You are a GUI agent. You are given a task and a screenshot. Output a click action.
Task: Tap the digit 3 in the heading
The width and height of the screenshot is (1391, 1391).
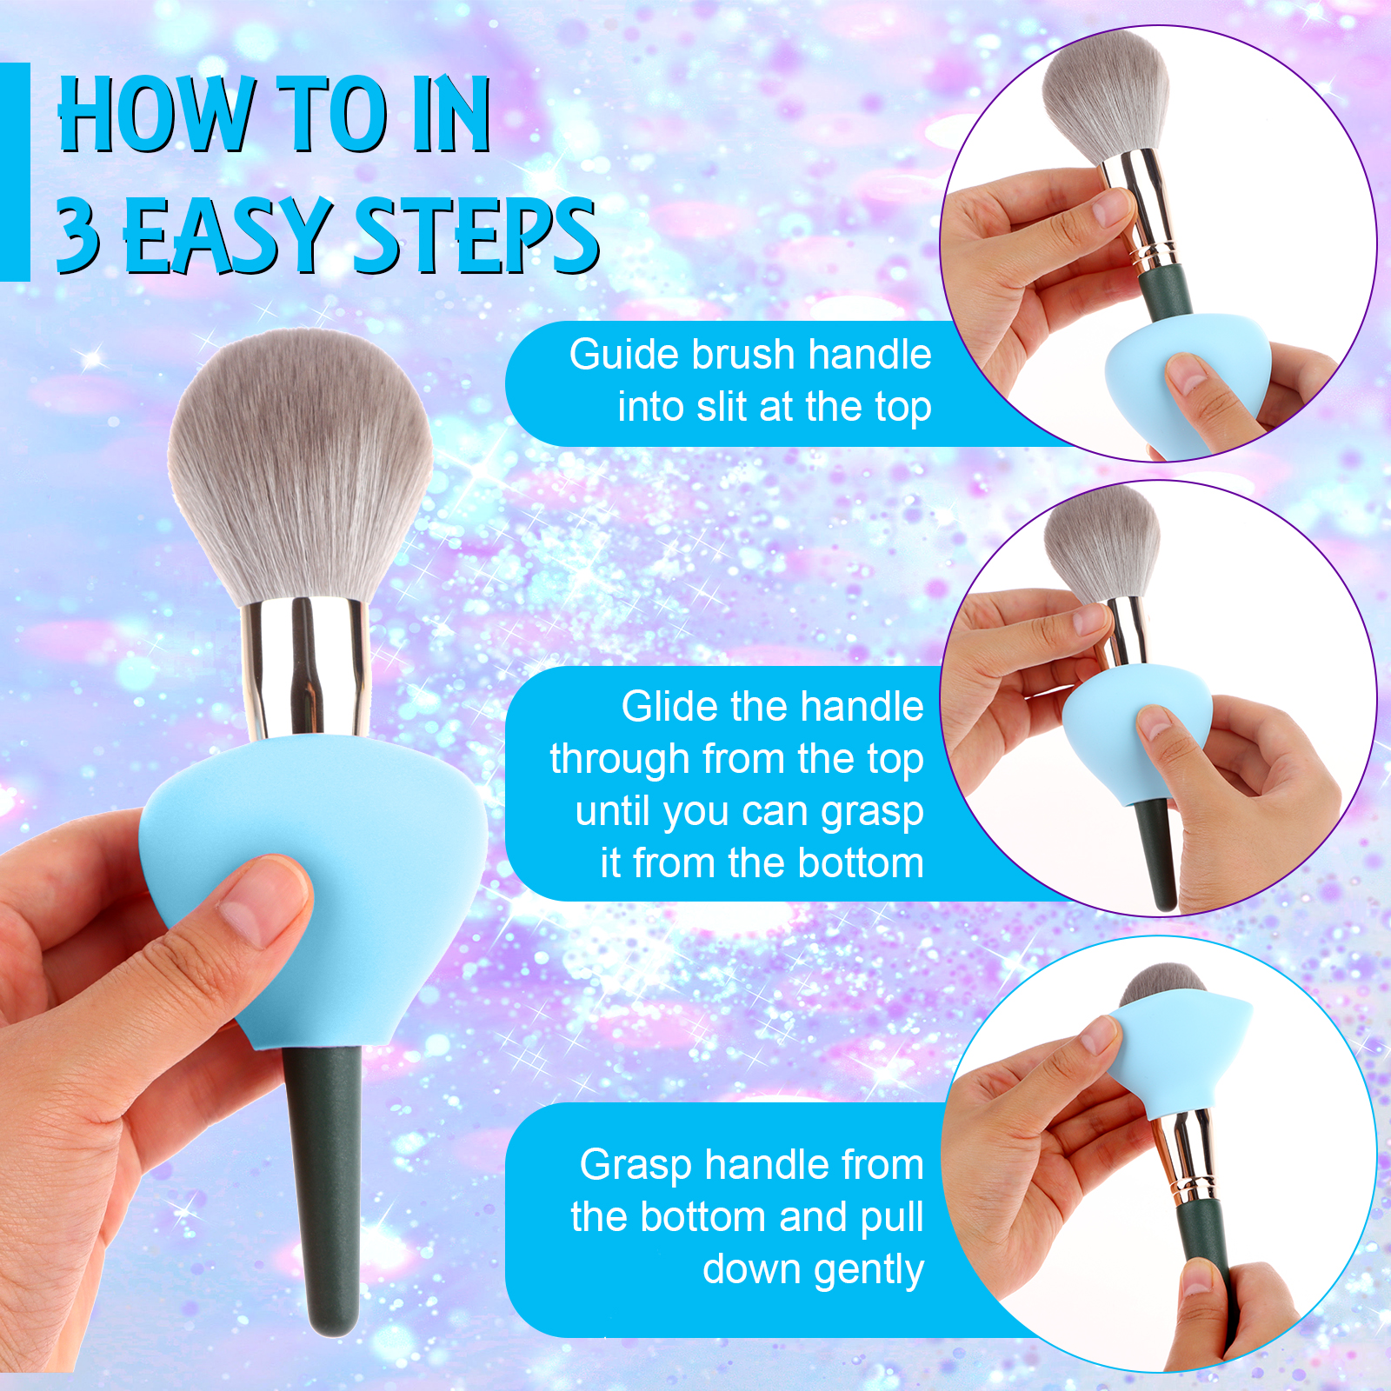[x=77, y=233]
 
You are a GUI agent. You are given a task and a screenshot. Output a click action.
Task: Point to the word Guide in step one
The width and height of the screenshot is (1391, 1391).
[x=623, y=355]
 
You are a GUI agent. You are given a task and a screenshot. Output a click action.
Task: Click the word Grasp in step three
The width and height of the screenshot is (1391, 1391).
[x=636, y=1165]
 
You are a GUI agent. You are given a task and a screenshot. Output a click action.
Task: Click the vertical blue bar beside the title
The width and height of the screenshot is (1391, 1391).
[x=15, y=172]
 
